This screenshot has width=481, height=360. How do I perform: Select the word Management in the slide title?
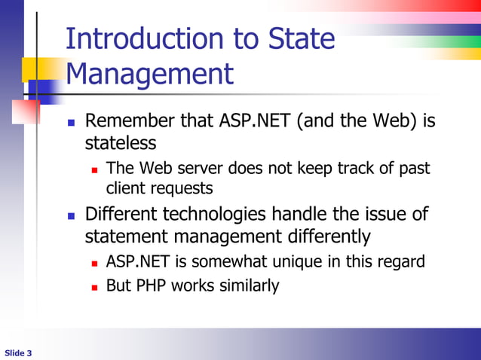[149, 75]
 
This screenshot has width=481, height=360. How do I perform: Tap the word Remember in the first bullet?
[129, 121]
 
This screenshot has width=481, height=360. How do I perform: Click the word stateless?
[121, 143]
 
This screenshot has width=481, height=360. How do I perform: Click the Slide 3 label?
[18, 352]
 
